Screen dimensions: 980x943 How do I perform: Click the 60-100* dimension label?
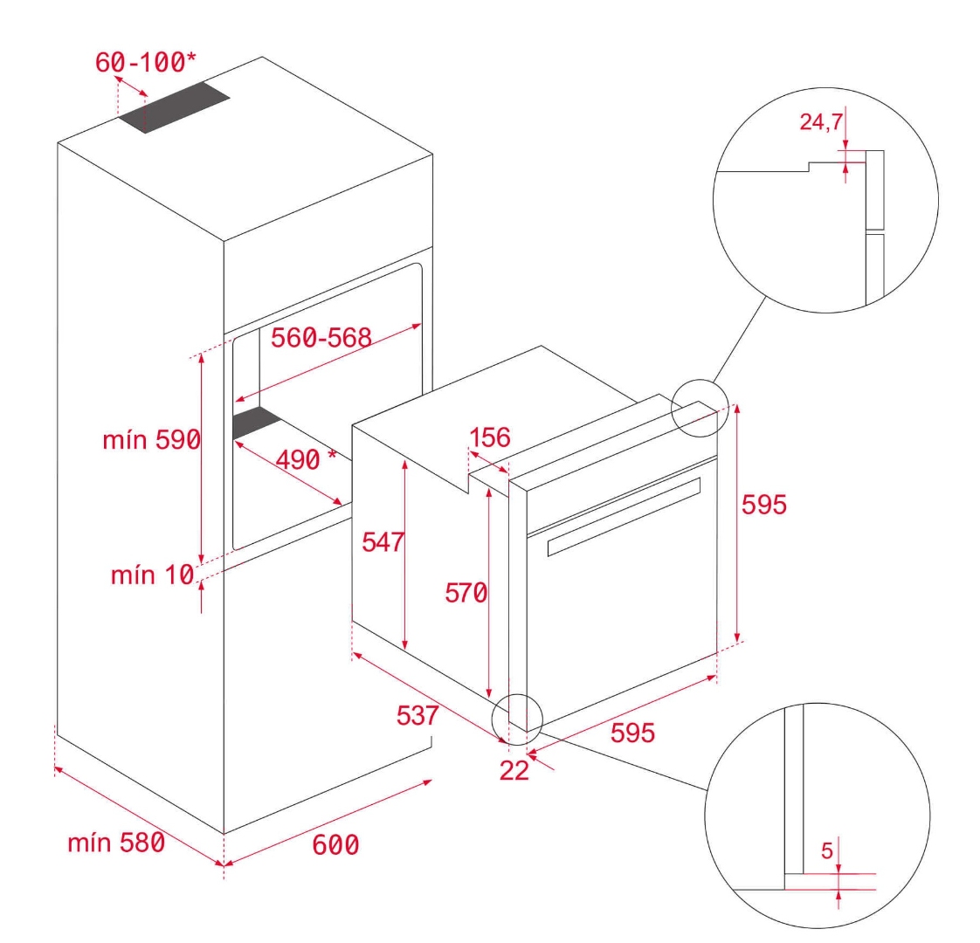(146, 62)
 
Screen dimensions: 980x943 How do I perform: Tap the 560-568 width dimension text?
(321, 338)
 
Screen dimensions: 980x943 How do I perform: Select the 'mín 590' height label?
(152, 440)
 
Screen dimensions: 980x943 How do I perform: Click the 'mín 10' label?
(153, 575)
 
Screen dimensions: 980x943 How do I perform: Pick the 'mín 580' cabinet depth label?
(116, 843)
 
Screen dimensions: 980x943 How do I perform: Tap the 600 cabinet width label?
(335, 845)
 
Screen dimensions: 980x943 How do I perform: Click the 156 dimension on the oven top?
(490, 437)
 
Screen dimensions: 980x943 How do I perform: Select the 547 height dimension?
(383, 542)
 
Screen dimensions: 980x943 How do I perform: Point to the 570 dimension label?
(466, 592)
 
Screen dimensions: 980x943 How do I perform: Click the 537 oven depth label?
(418, 715)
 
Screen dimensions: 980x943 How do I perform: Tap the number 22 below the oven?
(514, 770)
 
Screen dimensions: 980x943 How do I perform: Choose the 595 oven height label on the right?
(763, 505)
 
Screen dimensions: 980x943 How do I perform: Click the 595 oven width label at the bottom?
(632, 733)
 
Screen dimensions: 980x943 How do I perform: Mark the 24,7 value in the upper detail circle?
(821, 121)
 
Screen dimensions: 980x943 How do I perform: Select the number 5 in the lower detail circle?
(827, 850)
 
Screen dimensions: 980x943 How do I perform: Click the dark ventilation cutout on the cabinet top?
(175, 107)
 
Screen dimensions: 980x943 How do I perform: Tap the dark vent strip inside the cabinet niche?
(256, 422)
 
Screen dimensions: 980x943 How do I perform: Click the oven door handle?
(624, 516)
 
